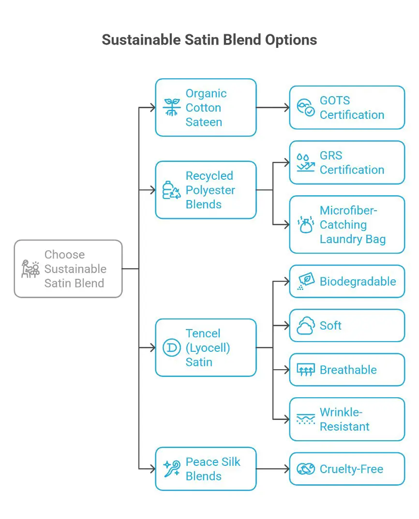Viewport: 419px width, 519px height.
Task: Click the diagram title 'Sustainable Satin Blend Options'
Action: pyautogui.click(x=209, y=40)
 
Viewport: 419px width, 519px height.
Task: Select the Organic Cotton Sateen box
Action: pyautogui.click(x=206, y=107)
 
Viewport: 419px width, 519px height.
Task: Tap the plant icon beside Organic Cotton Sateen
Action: pyautogui.click(x=171, y=107)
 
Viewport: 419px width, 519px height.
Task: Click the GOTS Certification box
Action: pyautogui.click(x=347, y=107)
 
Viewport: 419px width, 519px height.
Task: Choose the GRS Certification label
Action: pyautogui.click(x=352, y=163)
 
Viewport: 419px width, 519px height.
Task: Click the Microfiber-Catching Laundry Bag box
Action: pyautogui.click(x=347, y=224)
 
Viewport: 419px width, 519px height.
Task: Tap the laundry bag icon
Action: pyautogui.click(x=305, y=225)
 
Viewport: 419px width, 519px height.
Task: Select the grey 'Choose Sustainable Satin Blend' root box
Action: pyautogui.click(x=68, y=269)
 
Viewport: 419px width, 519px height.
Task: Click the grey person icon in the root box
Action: pyautogui.click(x=30, y=269)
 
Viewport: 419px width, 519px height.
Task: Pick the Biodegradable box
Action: pyautogui.click(x=347, y=281)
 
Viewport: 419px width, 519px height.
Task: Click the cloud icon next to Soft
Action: pyautogui.click(x=305, y=326)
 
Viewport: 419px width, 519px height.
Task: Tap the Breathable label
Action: pyautogui.click(x=348, y=370)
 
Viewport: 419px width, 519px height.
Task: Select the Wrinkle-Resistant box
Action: pyautogui.click(x=347, y=419)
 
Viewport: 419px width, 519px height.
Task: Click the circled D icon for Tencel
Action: pyautogui.click(x=171, y=347)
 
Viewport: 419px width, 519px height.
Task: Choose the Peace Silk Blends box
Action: pyautogui.click(x=206, y=469)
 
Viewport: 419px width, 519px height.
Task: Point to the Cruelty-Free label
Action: pyautogui.click(x=351, y=469)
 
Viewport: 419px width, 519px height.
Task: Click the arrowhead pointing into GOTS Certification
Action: pyautogui.click(x=287, y=107)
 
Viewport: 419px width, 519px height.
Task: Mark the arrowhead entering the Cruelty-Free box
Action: pyautogui.click(x=287, y=469)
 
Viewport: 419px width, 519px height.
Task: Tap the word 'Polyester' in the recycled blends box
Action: pyautogui.click(x=210, y=190)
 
